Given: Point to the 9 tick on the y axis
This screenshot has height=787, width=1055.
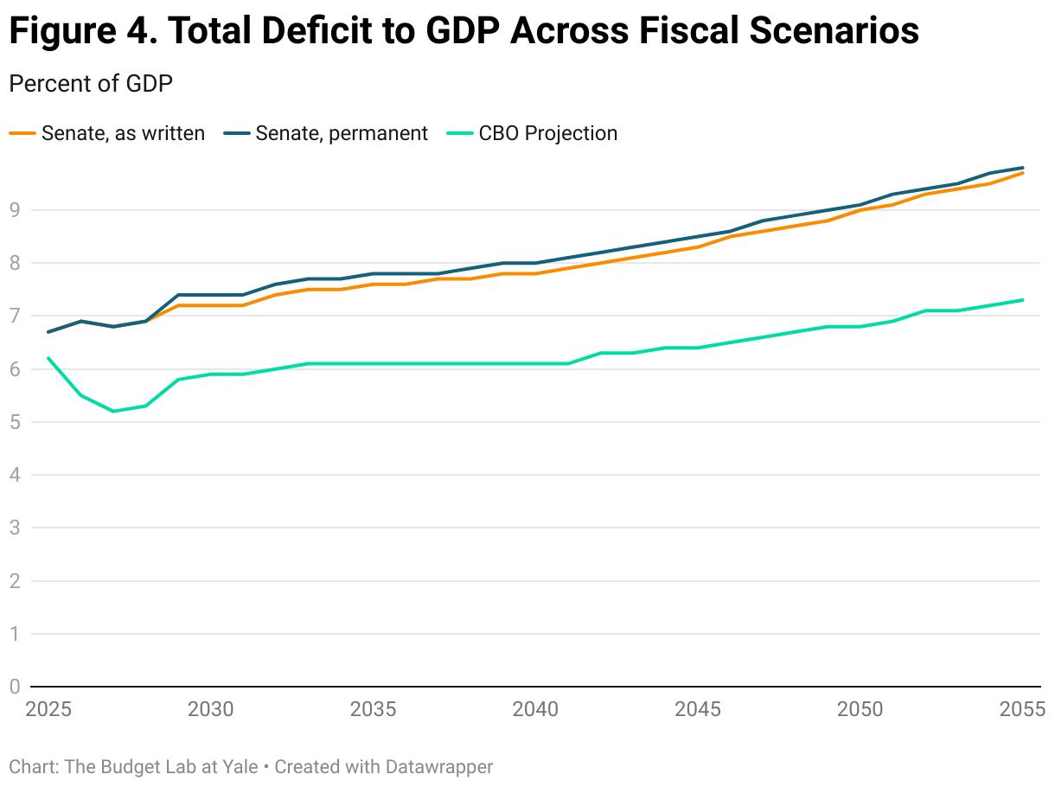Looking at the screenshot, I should [x=15, y=210].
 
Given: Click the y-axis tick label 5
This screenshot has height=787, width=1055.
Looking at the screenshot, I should [x=15, y=422].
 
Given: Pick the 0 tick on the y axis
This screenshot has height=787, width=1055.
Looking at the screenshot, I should [x=15, y=687].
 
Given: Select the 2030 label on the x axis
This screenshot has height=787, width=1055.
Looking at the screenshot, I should [x=210, y=709].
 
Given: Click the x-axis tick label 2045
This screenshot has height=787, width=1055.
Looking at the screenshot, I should [x=698, y=709].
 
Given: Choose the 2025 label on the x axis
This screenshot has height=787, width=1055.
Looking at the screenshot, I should [x=48, y=709].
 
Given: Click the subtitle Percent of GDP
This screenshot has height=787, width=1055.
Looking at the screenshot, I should [x=91, y=84].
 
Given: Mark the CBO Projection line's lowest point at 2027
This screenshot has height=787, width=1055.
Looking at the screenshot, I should [x=113, y=411].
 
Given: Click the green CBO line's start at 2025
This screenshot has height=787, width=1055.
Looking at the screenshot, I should [x=48, y=358].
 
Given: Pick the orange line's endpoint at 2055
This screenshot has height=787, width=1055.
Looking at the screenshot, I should [x=1023, y=173].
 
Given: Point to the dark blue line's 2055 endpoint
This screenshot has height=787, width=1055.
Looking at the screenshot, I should [x=1023, y=167].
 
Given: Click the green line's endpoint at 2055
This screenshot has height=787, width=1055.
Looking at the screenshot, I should [x=1023, y=300].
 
